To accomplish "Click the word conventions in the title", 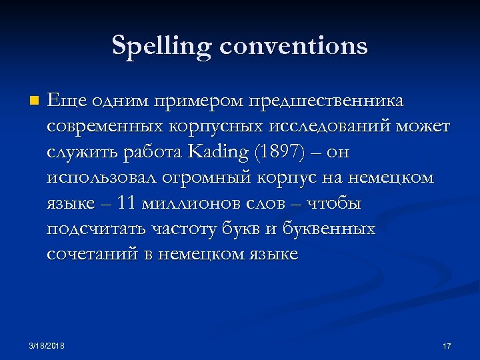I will [x=293, y=46].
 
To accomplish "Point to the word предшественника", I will [x=325, y=101].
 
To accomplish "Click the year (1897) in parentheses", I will [x=279, y=152].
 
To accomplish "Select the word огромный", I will [x=211, y=177].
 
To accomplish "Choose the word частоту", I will [x=179, y=229].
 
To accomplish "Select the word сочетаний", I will [x=91, y=255].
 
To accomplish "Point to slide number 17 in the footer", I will [x=447, y=345].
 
